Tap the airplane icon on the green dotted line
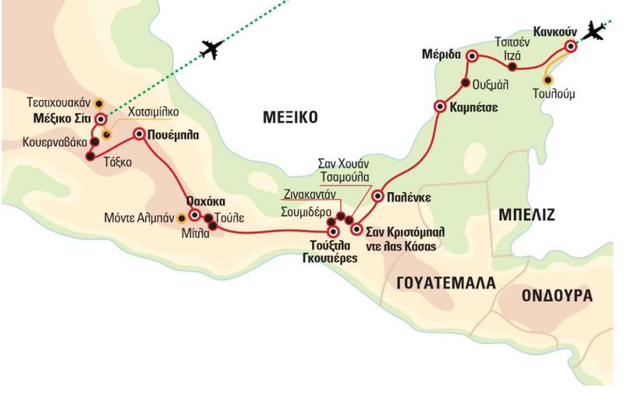point(213,48)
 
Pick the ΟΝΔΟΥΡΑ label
point(557,297)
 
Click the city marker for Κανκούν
point(571,46)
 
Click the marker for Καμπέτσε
point(441,106)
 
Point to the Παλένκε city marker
point(378,197)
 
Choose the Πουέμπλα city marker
point(140,133)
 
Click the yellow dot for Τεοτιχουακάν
point(99,103)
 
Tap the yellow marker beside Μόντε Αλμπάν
point(182,217)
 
